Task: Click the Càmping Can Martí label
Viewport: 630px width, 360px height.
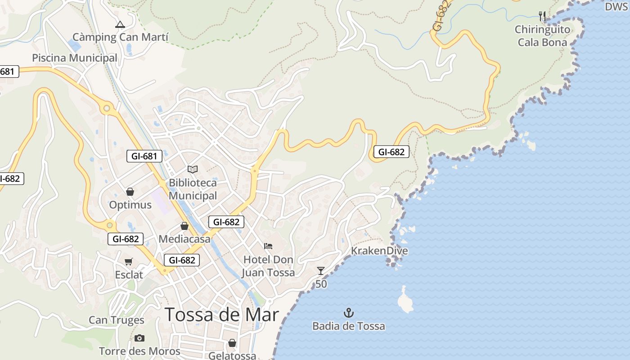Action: coord(120,37)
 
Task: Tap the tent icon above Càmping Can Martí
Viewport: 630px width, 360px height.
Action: coord(120,24)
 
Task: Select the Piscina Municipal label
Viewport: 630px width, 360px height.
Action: coord(75,58)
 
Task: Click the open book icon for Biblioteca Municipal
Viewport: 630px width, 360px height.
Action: coord(193,169)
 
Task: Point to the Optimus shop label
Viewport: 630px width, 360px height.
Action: coord(130,205)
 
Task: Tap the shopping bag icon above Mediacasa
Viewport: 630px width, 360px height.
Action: coord(184,226)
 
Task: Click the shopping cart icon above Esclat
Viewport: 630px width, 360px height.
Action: coord(129,261)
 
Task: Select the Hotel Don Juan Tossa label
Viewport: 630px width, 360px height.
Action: coord(268,266)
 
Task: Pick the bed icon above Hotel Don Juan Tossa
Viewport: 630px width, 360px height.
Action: coord(268,246)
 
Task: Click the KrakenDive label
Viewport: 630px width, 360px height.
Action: coord(379,251)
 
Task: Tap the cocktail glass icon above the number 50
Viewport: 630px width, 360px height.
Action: coord(321,270)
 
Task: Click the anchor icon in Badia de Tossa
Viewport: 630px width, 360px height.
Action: coord(349,312)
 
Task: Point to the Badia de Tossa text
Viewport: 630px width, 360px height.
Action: coord(349,326)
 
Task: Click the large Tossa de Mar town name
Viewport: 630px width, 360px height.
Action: coord(222,314)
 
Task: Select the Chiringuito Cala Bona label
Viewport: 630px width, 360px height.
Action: coord(543,36)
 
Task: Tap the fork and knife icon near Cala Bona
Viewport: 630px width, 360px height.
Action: coord(542,16)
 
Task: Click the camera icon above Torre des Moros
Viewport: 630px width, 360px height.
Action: coord(139,338)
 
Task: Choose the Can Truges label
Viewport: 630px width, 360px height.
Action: coord(117,320)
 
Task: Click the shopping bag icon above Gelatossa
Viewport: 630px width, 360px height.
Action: coord(232,343)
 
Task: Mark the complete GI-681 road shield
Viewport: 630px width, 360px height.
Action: coord(144,156)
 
